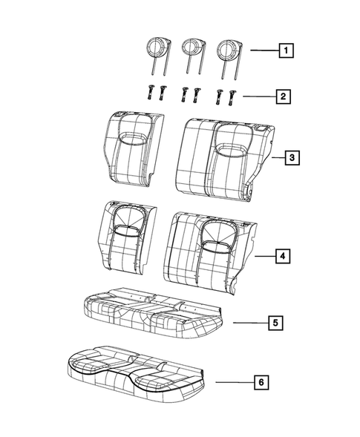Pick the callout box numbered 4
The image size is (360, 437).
[282, 257]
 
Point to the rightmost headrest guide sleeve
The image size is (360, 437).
[233, 95]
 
